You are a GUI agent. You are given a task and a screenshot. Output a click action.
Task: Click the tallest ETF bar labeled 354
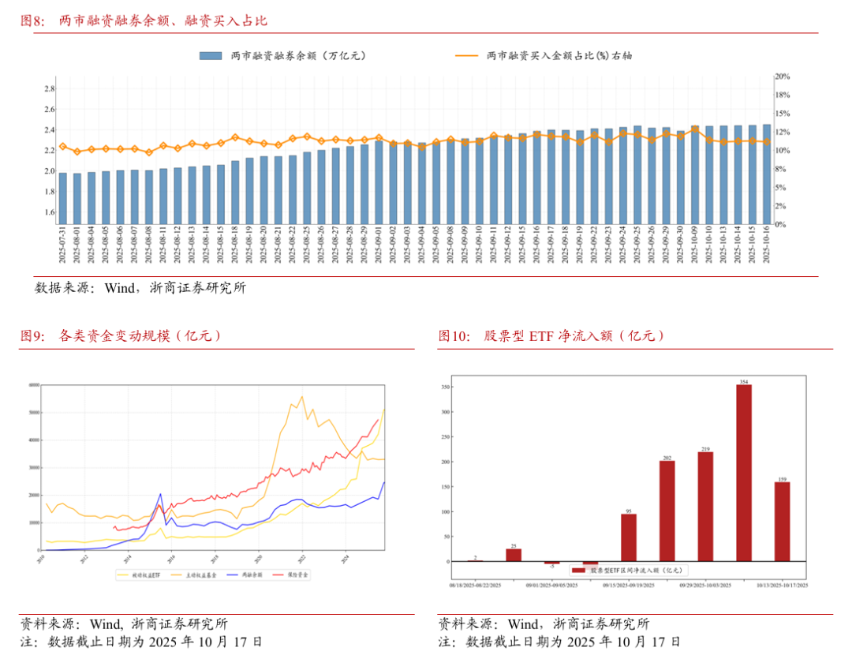tap(743, 473)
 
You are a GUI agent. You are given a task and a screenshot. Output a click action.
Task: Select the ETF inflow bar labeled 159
tap(782, 521)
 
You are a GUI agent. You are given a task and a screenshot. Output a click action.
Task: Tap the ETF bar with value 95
tap(628, 537)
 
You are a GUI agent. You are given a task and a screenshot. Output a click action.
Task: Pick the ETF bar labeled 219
tap(705, 506)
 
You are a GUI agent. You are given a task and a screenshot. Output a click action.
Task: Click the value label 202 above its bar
tap(667, 458)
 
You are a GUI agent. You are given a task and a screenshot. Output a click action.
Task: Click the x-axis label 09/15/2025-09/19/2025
tap(629, 586)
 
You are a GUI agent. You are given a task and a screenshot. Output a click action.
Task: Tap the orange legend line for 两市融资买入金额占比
tap(466, 56)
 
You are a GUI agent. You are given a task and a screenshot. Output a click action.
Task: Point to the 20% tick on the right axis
tap(782, 77)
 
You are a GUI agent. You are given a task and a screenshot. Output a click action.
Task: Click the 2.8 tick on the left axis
tap(49, 88)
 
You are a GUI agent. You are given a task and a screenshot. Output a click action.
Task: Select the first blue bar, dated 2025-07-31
tap(63, 198)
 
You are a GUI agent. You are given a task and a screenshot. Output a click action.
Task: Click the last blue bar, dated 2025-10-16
tap(766, 174)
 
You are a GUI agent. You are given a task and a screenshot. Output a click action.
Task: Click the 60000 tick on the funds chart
tap(34, 385)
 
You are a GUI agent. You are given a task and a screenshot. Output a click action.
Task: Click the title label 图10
tap(453, 335)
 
